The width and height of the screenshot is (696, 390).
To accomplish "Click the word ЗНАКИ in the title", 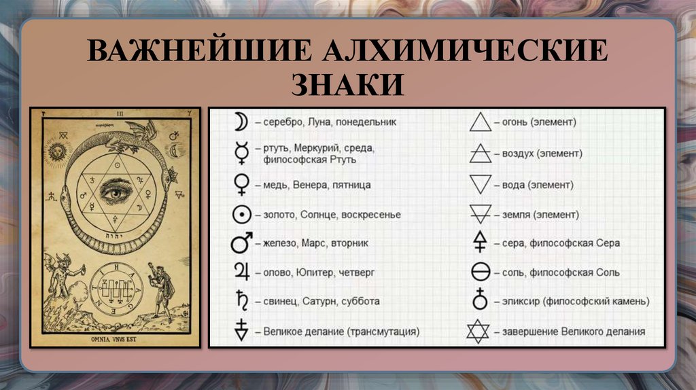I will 347,84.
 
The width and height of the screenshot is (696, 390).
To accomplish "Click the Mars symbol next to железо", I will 241,243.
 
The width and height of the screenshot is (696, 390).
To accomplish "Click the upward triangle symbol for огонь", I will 481,122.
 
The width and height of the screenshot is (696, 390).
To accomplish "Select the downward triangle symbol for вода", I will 481,184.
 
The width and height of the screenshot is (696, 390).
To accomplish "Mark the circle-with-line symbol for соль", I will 481,272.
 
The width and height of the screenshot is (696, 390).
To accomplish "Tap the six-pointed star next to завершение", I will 479,332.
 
